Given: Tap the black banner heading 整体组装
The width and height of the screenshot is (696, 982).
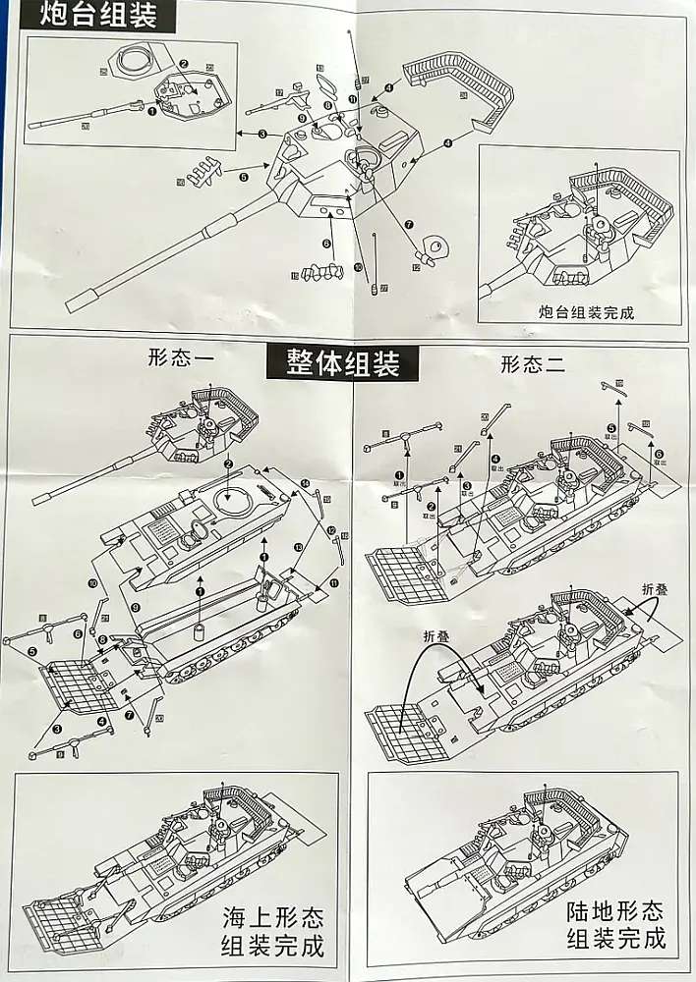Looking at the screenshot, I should click(x=344, y=362).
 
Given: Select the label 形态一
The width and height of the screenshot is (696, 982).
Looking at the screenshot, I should click(x=178, y=359).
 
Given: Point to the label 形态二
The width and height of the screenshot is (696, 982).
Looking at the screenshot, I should click(x=532, y=365).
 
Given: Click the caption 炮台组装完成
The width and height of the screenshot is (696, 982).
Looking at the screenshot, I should click(x=586, y=313).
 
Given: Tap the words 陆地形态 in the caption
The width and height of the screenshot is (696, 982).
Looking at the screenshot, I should click(x=615, y=911).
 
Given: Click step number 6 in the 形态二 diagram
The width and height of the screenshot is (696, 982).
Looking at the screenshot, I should click(x=659, y=454).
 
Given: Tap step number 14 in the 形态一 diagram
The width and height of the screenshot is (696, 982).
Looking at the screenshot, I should click(x=305, y=483).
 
